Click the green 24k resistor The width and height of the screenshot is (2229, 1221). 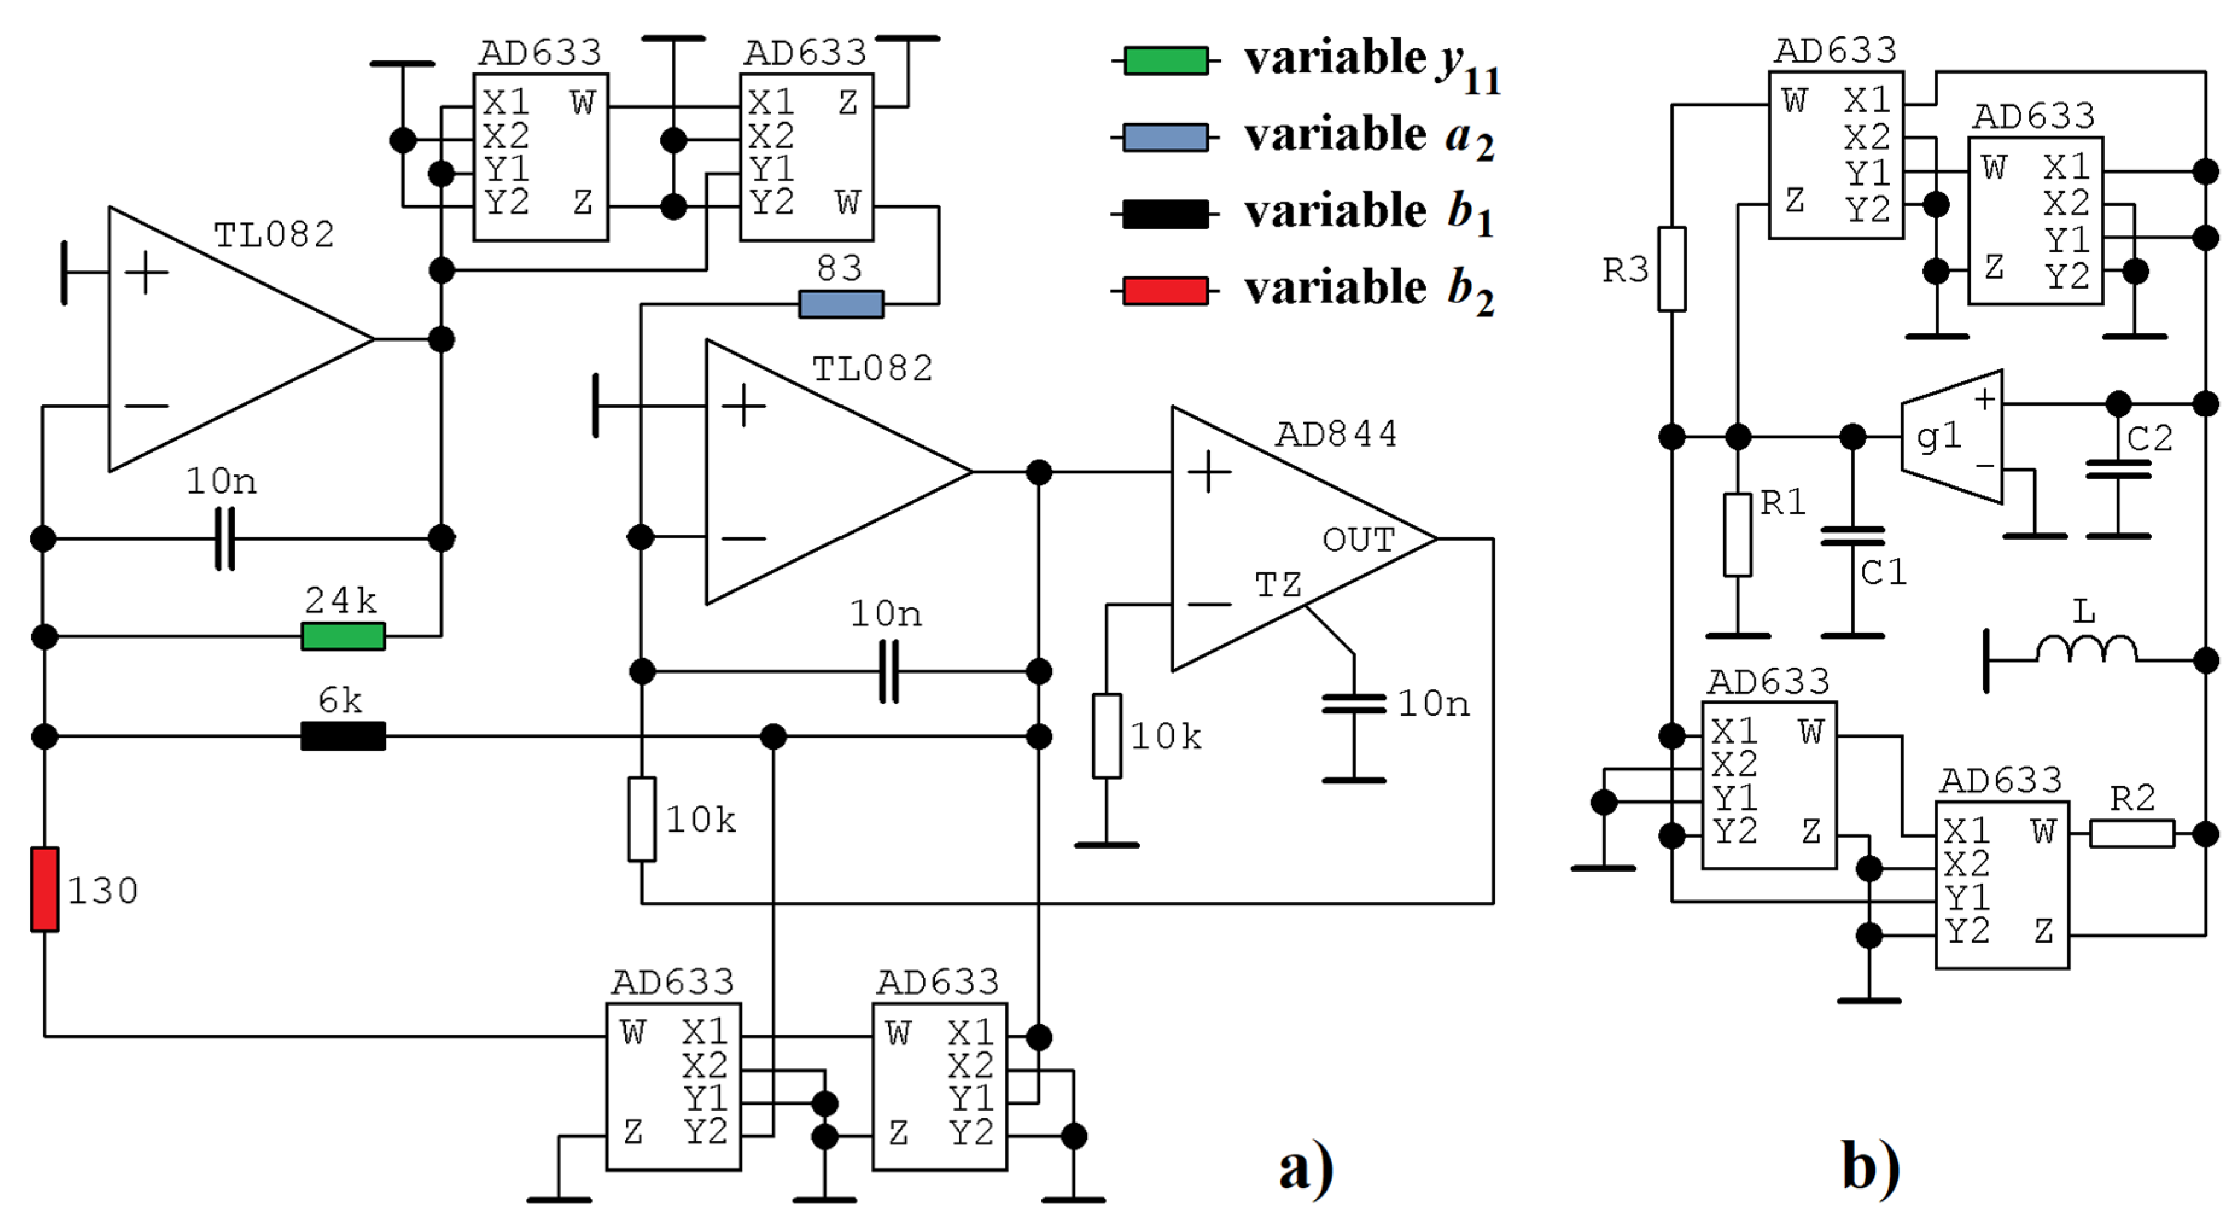point(343,636)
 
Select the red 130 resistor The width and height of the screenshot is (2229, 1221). point(44,890)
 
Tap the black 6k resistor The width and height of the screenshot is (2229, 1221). point(343,736)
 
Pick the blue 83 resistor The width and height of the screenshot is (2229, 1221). point(840,304)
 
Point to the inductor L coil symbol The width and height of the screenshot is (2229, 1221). point(2085,649)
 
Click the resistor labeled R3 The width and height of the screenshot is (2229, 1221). point(1671,269)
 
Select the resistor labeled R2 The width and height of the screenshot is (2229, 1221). point(2131,834)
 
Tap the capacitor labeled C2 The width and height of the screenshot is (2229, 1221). point(2117,469)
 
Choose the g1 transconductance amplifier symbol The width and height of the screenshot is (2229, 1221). point(1952,437)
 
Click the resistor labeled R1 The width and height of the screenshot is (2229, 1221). point(1737,535)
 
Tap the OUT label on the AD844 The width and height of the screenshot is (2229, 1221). point(1358,540)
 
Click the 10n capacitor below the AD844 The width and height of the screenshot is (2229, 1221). point(1353,704)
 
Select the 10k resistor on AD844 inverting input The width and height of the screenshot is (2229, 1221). point(1107,736)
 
